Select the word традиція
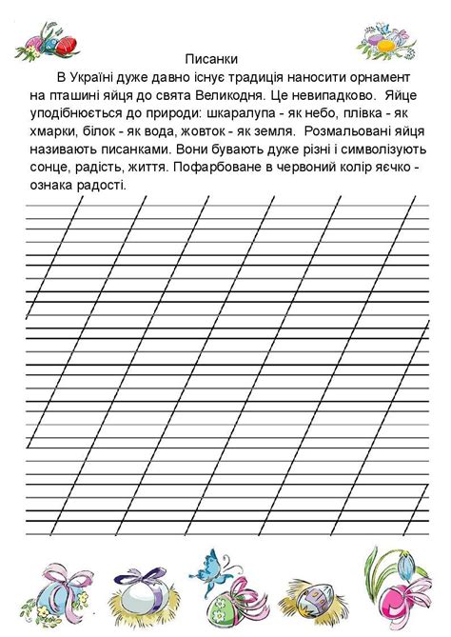click(x=267, y=75)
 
